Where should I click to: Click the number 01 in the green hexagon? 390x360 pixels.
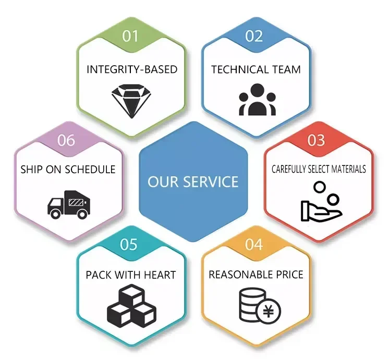point(131,36)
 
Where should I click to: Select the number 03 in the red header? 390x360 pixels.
point(316,140)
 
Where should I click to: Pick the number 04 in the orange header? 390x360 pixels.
point(254,244)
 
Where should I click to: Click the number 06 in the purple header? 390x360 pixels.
point(66,140)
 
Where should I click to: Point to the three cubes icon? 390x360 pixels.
point(131,308)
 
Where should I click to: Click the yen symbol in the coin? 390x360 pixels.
point(269,311)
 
